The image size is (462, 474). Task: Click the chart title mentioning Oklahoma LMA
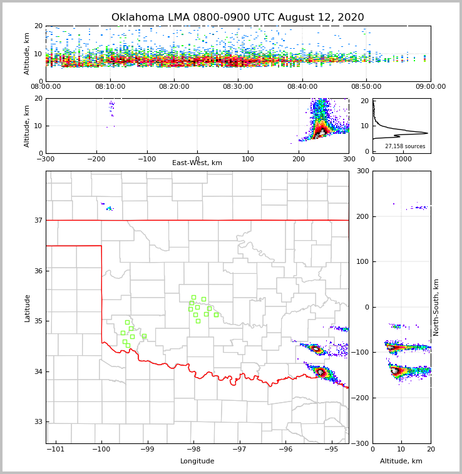(x=237, y=18)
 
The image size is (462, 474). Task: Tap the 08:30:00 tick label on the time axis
(x=238, y=87)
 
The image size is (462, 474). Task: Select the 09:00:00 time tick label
(x=430, y=87)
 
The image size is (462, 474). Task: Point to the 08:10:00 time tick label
(x=110, y=87)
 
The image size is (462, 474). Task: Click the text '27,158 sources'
(x=405, y=146)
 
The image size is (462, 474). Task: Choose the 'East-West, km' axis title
(x=197, y=163)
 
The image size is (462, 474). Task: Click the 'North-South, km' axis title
(x=436, y=307)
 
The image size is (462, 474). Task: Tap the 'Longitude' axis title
(x=197, y=461)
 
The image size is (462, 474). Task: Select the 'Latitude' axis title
(x=28, y=308)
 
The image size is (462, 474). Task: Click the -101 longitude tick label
(x=55, y=449)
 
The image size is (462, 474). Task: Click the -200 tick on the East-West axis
(x=96, y=159)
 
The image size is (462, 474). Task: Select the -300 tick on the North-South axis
(x=361, y=443)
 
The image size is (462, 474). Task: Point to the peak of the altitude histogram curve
(x=428, y=133)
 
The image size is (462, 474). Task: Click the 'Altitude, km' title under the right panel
(x=401, y=461)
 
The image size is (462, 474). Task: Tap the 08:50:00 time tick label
(x=366, y=87)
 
